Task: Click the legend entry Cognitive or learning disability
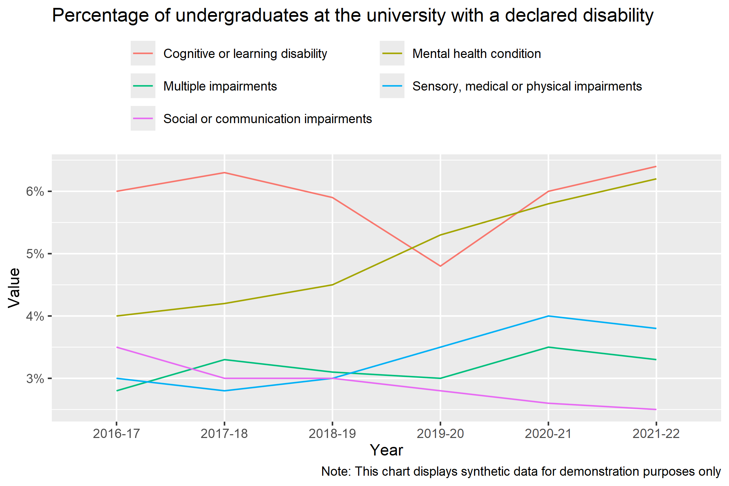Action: coord(245,54)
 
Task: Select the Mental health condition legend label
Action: coord(476,54)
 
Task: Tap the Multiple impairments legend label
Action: coord(220,86)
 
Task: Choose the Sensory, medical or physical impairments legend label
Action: coord(527,86)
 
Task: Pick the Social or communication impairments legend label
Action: coord(267,119)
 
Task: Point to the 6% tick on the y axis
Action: coord(35,191)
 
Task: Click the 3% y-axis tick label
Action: coord(35,379)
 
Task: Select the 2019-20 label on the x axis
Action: coord(440,434)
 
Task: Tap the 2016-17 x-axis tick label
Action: coord(116,434)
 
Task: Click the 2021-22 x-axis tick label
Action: coord(656,434)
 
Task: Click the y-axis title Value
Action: coord(14,288)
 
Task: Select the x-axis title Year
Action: coord(386,450)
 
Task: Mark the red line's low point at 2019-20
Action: coord(440,266)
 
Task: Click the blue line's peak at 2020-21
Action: coord(548,316)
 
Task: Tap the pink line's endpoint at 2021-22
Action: coord(656,410)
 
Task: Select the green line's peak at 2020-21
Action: coord(548,347)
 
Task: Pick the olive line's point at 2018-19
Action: coord(332,285)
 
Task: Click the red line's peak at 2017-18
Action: coord(224,173)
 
